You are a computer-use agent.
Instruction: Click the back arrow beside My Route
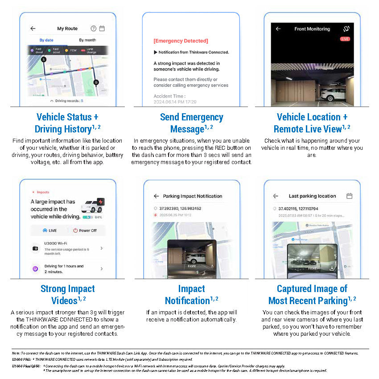click(x=33, y=29)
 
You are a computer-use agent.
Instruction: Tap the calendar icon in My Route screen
click(x=102, y=29)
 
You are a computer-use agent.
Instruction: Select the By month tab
click(x=87, y=40)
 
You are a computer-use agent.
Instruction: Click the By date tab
click(x=46, y=40)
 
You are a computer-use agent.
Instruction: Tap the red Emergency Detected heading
click(x=181, y=41)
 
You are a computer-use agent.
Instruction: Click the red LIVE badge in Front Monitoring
click(x=345, y=39)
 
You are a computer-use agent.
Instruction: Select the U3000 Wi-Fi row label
click(x=56, y=243)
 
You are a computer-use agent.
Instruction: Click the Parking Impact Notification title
click(x=192, y=196)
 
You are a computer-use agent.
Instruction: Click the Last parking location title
click(x=312, y=196)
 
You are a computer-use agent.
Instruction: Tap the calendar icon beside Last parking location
click(x=350, y=196)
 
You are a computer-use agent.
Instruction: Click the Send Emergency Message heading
click(x=191, y=123)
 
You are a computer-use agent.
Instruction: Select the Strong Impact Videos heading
click(x=67, y=294)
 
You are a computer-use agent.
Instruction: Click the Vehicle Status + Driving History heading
click(x=67, y=123)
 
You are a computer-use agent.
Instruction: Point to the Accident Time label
click(x=169, y=96)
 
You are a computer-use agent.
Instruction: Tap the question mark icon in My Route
click(x=93, y=29)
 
